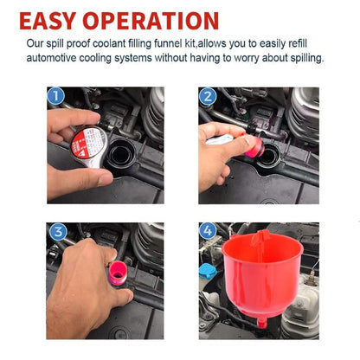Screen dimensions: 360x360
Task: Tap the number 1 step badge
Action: click(x=57, y=97)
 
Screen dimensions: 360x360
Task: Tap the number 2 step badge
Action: click(x=208, y=97)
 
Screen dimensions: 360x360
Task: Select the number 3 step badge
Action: click(x=57, y=232)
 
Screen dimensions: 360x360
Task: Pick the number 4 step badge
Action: click(x=208, y=232)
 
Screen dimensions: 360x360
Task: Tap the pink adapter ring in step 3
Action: click(x=116, y=274)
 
